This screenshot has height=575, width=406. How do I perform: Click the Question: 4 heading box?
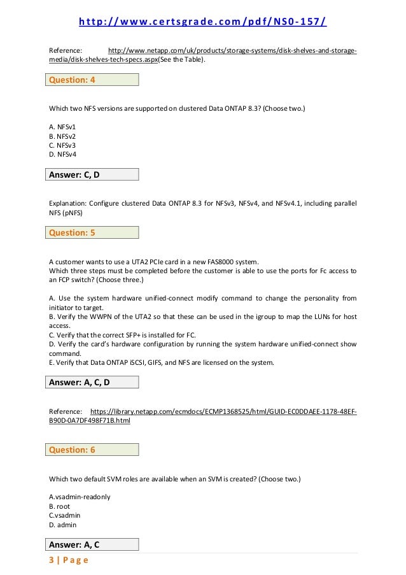point(93,80)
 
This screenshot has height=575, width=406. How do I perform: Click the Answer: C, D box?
point(93,174)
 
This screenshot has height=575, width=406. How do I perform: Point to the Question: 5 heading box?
point(93,232)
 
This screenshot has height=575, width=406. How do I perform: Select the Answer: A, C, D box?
point(93,382)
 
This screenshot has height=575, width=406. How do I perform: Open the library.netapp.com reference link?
point(223,412)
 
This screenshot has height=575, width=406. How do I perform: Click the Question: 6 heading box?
point(93,450)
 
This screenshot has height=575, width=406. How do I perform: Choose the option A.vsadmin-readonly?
point(80,497)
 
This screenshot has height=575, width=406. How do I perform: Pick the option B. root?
point(60,506)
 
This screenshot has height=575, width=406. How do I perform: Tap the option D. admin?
point(63,525)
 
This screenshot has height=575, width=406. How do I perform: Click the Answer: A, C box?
point(93,544)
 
